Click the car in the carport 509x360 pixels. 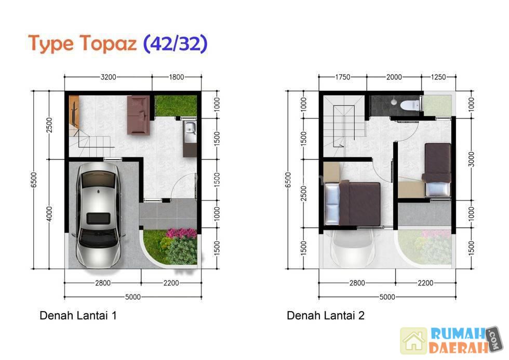[98, 215]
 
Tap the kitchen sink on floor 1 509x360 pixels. [190, 131]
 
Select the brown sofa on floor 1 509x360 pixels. [139, 115]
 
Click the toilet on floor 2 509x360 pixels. [410, 105]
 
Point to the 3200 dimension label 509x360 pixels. [109, 77]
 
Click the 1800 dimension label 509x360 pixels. [176, 77]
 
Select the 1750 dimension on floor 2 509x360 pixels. [342, 77]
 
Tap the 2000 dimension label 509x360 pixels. [394, 77]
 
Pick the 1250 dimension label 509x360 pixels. [438, 77]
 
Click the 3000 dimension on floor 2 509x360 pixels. [472, 159]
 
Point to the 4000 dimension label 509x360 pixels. [49, 214]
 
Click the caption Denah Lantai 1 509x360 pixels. [78, 315]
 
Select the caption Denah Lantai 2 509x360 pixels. [326, 315]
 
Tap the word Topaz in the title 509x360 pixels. [109, 44]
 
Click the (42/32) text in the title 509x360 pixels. [176, 44]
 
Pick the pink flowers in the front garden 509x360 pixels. [181, 233]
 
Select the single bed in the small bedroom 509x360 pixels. [437, 169]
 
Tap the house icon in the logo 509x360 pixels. [413, 341]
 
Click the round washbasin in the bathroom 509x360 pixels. [394, 102]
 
